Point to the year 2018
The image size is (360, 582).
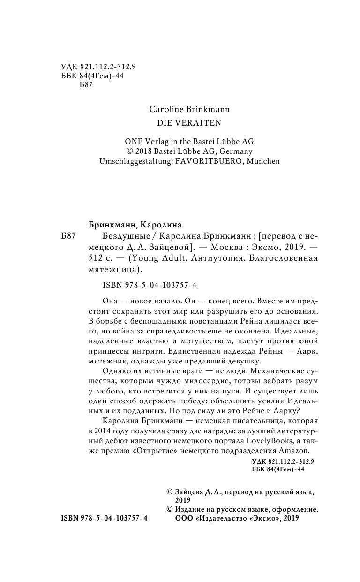pos(144,151)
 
